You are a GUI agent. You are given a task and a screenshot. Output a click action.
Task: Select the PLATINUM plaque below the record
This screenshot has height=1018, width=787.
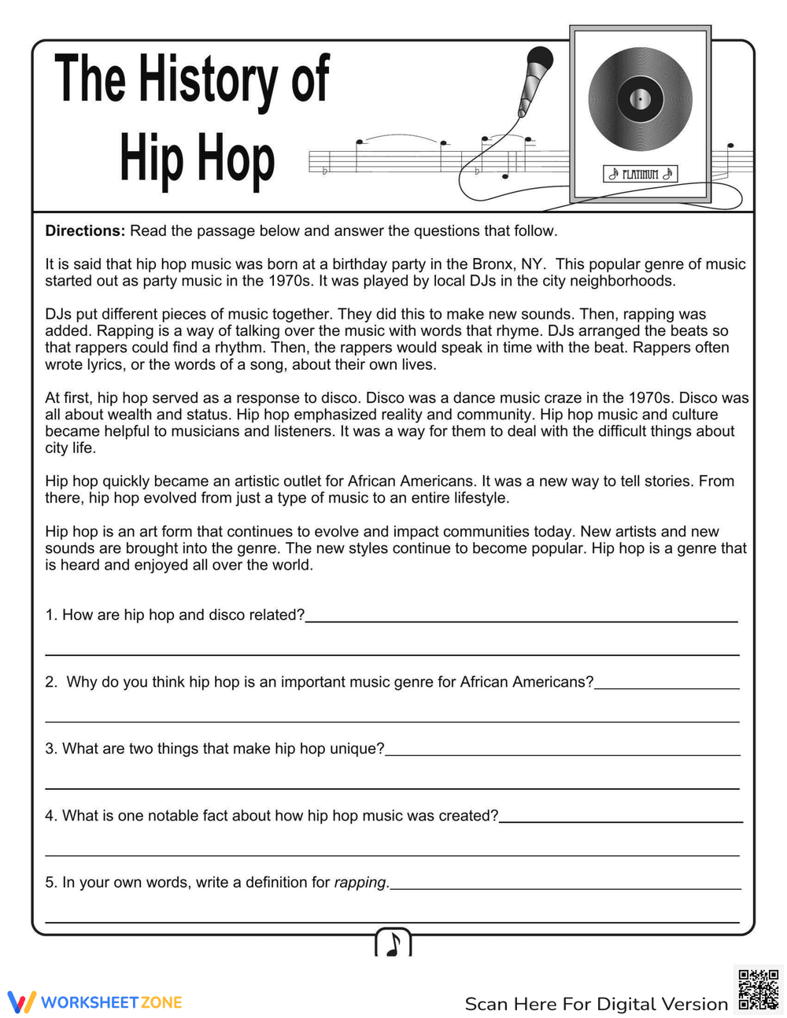(x=640, y=174)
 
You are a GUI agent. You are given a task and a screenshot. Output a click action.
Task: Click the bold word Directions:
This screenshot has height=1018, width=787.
(x=85, y=231)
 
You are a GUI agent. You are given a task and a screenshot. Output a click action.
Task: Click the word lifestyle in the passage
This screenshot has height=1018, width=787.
(x=478, y=498)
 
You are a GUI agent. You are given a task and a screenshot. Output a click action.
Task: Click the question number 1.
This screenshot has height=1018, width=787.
(x=50, y=615)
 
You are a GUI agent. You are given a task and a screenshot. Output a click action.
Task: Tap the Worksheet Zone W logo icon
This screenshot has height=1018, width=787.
(x=21, y=1002)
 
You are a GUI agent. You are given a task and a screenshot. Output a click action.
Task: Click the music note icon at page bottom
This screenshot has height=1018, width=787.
(x=393, y=942)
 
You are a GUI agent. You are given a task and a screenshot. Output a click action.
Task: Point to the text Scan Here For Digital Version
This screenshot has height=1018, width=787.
(x=596, y=1004)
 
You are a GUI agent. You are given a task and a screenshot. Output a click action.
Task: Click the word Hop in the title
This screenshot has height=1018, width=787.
(x=235, y=161)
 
